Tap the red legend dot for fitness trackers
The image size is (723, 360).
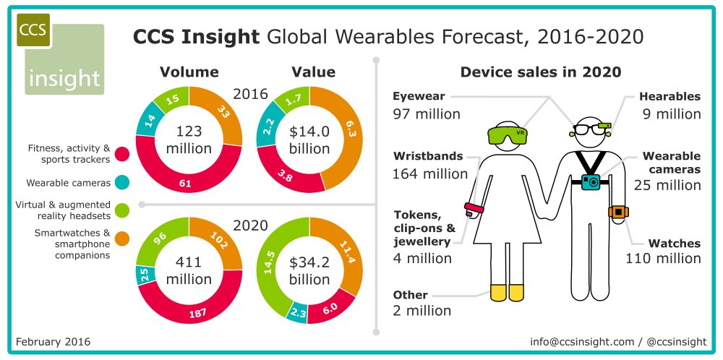[122, 153]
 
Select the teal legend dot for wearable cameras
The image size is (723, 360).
[122, 183]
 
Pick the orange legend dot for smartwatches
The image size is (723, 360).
[122, 238]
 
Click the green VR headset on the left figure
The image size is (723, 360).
[508, 134]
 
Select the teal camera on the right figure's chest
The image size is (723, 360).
[592, 181]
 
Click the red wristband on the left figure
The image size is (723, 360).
[474, 211]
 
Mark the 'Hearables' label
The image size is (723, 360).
[669, 96]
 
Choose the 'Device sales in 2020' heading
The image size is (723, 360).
[541, 72]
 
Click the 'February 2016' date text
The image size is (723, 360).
[53, 341]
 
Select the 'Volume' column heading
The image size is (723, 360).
[189, 72]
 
